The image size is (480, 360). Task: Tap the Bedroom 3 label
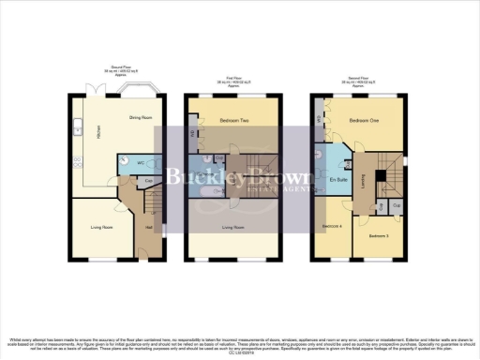click(378, 235)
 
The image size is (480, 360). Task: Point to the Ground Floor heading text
click(124, 67)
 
